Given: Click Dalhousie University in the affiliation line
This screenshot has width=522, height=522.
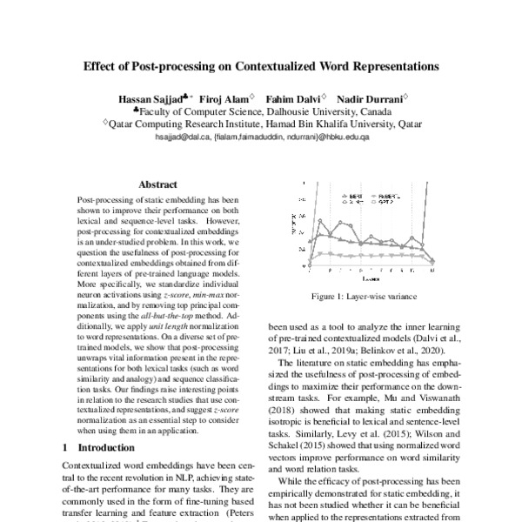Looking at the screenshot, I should point(301,112).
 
